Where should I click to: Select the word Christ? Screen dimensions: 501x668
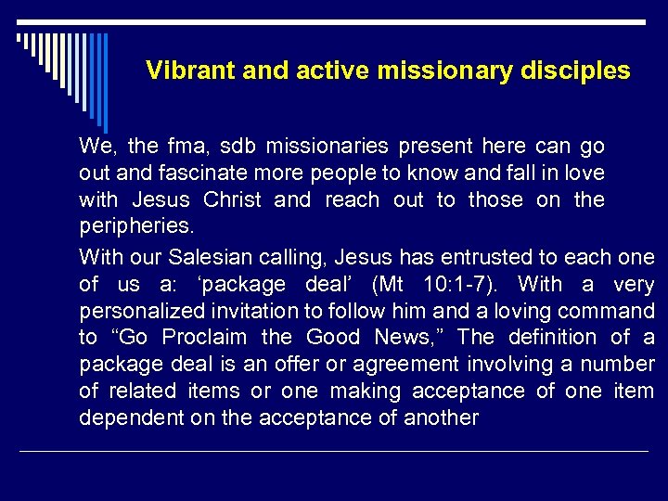[233, 200]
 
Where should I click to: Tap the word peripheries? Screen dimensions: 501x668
[133, 227]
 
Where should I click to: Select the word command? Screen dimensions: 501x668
[607, 311]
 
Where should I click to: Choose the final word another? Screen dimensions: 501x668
[441, 418]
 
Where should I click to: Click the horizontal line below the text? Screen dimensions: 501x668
[334, 452]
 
